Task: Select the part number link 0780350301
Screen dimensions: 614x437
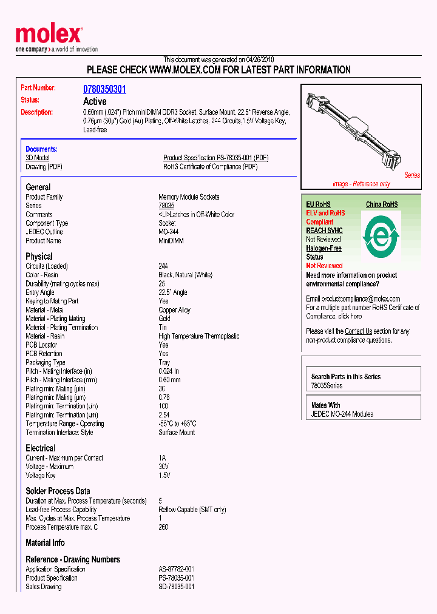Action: click(104, 89)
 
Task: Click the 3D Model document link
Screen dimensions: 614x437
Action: click(37, 158)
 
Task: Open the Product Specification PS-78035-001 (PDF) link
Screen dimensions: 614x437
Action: click(215, 158)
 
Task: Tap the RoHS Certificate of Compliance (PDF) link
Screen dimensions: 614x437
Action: click(210, 167)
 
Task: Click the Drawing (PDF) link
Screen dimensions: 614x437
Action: click(44, 167)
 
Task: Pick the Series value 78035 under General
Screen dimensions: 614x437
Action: click(166, 206)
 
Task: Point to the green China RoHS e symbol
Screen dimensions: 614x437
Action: click(381, 234)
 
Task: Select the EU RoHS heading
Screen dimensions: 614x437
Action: click(318, 204)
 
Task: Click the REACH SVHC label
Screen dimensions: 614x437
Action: click(324, 231)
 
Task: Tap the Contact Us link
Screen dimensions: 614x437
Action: click(358, 331)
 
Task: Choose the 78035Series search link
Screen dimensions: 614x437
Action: click(327, 386)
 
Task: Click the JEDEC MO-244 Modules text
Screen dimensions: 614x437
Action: click(342, 414)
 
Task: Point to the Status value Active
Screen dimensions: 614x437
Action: click(95, 101)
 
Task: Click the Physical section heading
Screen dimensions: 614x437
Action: click(39, 257)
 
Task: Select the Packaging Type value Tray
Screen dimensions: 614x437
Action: click(164, 362)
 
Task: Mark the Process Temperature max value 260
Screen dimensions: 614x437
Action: click(163, 527)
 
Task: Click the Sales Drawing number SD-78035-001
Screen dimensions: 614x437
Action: click(176, 587)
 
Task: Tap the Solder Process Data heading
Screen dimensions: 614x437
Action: click(58, 491)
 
